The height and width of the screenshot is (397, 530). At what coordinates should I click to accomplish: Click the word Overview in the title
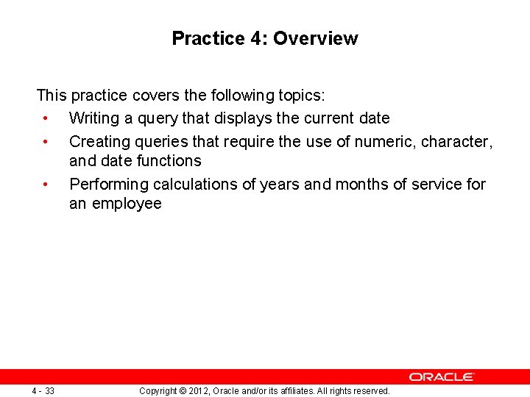pos(315,38)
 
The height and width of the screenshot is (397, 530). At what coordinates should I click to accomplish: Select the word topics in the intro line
pos(301,95)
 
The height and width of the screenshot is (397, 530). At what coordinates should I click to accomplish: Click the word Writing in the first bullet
pos(95,118)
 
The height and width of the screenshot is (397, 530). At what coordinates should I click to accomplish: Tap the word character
pos(456,140)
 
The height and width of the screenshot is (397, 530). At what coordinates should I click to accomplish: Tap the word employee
pos(126,204)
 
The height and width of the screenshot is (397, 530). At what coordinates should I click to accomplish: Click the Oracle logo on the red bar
pos(442,376)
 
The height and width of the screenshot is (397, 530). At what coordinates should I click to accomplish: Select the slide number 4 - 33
pos(43,390)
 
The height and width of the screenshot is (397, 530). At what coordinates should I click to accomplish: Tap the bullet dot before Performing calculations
pos(46,184)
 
